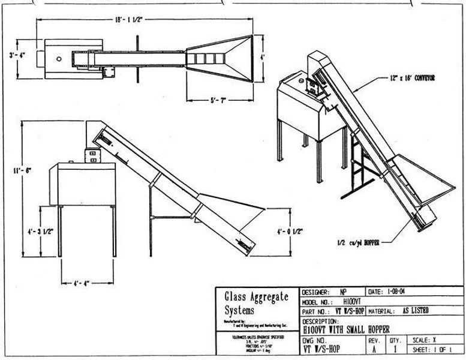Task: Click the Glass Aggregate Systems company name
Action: (256, 303)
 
